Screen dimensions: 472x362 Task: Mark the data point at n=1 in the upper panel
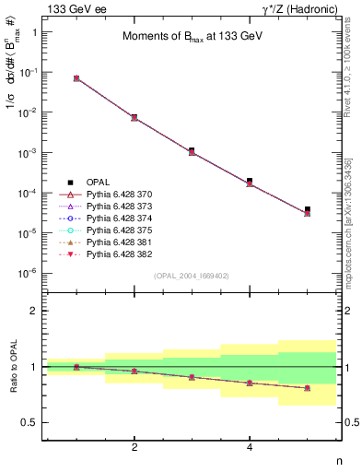pos(76,78)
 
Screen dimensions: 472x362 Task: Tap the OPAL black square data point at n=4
pos(250,181)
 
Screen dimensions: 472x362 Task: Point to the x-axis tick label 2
pos(134,447)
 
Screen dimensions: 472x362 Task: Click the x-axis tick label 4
pos(250,447)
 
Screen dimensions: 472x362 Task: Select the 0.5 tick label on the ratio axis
pos(30,422)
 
